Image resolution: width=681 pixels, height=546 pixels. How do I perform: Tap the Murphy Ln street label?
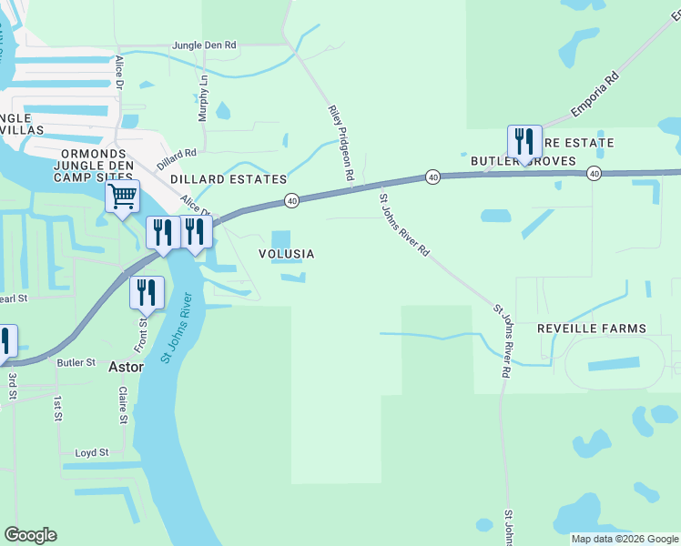point(203,99)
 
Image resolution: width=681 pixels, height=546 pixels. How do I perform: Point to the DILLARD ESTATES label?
point(229,180)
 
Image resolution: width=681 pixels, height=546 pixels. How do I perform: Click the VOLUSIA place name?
point(287,255)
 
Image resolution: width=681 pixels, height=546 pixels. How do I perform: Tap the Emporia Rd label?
point(595,94)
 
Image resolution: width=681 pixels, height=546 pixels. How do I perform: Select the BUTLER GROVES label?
point(523,161)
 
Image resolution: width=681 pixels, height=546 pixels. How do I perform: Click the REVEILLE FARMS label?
point(591,329)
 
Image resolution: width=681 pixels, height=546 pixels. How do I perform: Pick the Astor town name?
point(127,368)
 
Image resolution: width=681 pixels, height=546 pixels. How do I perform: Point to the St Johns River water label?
point(177,328)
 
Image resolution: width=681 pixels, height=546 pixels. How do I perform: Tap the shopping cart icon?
point(122,196)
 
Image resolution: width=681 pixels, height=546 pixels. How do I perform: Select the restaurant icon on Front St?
point(147,292)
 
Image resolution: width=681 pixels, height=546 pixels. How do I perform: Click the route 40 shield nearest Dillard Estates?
point(291,199)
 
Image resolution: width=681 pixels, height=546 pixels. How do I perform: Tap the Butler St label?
point(76,362)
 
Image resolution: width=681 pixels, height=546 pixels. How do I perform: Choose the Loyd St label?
point(92,452)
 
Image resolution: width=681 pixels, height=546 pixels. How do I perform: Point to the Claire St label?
point(122,405)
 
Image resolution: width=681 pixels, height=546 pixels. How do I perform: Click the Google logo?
point(30,535)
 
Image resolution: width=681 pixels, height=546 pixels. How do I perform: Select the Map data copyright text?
point(624,539)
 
